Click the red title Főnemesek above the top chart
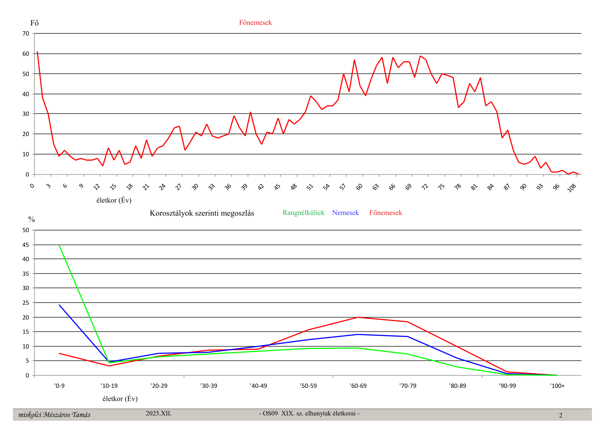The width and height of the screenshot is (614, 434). click(x=255, y=23)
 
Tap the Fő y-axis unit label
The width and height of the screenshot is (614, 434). click(x=34, y=23)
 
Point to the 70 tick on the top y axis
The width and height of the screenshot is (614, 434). click(x=26, y=34)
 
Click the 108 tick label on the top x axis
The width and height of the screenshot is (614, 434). click(x=572, y=188)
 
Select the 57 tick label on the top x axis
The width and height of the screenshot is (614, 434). click(x=343, y=187)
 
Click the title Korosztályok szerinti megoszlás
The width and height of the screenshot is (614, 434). click(x=202, y=213)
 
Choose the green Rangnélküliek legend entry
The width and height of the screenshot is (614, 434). click(x=303, y=213)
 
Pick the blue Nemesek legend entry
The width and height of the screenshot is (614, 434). click(x=345, y=213)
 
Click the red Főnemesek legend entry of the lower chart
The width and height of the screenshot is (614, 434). click(x=385, y=213)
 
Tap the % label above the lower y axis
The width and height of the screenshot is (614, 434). click(x=32, y=219)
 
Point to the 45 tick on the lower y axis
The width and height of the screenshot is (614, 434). click(x=26, y=245)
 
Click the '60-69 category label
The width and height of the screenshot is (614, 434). click(x=358, y=386)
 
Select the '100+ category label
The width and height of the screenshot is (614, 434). click(x=557, y=386)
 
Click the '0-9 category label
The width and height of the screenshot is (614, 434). click(x=59, y=386)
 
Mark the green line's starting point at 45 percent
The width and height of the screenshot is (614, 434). click(x=60, y=245)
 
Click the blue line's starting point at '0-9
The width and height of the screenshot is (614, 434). click(x=60, y=305)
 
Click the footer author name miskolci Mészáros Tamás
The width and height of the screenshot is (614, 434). click(x=54, y=415)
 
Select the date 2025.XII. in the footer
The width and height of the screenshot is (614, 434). click(x=159, y=413)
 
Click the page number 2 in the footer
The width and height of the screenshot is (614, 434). click(x=560, y=415)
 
